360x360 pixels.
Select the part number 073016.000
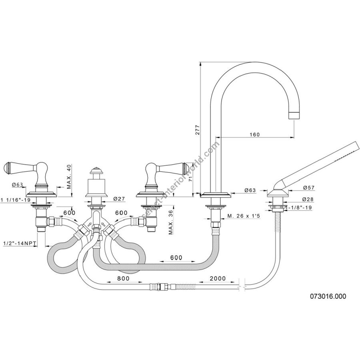328,296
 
